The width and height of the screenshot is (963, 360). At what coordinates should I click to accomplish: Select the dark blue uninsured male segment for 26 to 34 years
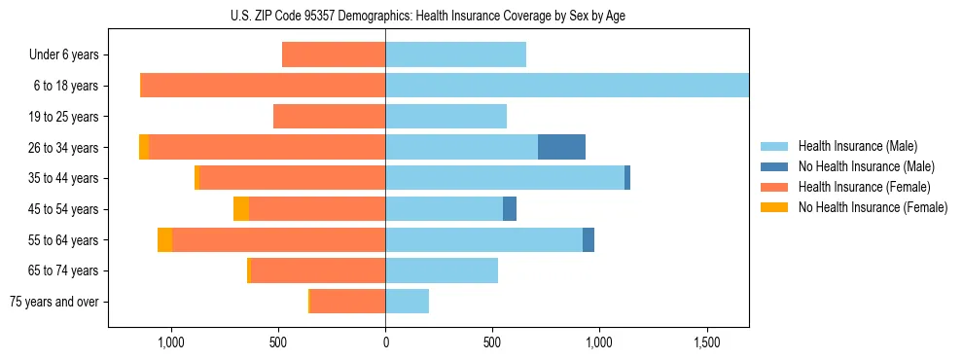point(561,147)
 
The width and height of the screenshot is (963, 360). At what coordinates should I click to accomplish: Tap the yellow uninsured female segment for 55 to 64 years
point(164,239)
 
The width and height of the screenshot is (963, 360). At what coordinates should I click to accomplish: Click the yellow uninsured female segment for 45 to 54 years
point(240,208)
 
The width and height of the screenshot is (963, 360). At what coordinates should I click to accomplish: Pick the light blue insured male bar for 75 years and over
point(407,302)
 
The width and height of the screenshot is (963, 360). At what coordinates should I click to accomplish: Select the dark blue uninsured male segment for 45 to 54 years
point(510,208)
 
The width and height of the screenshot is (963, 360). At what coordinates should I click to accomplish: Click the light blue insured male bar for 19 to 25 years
point(446,117)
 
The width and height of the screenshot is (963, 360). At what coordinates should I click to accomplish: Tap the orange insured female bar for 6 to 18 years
point(263,86)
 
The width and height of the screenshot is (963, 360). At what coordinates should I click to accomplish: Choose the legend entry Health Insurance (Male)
point(857,146)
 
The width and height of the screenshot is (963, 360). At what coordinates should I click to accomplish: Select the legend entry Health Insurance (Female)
point(864,187)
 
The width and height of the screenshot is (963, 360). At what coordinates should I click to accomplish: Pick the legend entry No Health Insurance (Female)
point(873,207)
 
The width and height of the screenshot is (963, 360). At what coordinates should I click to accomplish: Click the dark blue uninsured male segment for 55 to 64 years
point(588,239)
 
